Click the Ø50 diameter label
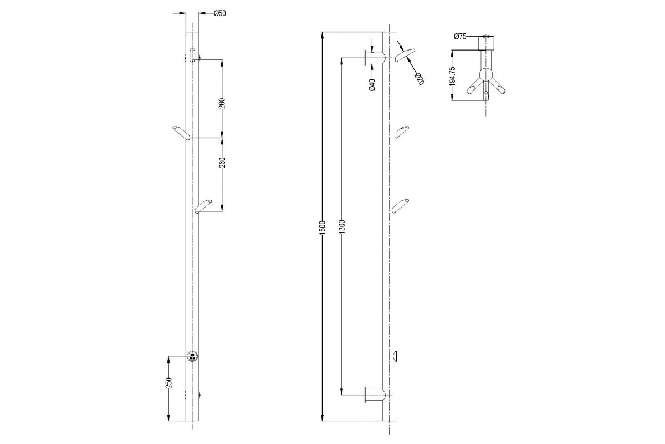coord(219,13)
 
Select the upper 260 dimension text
coord(223,103)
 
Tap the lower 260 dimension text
coord(223,163)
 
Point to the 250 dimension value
coord(169,383)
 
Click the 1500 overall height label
coord(323,228)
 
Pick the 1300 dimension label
coord(342,226)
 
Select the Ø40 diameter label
coord(372,85)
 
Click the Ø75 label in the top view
coord(460,37)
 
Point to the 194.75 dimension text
coord(452,77)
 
